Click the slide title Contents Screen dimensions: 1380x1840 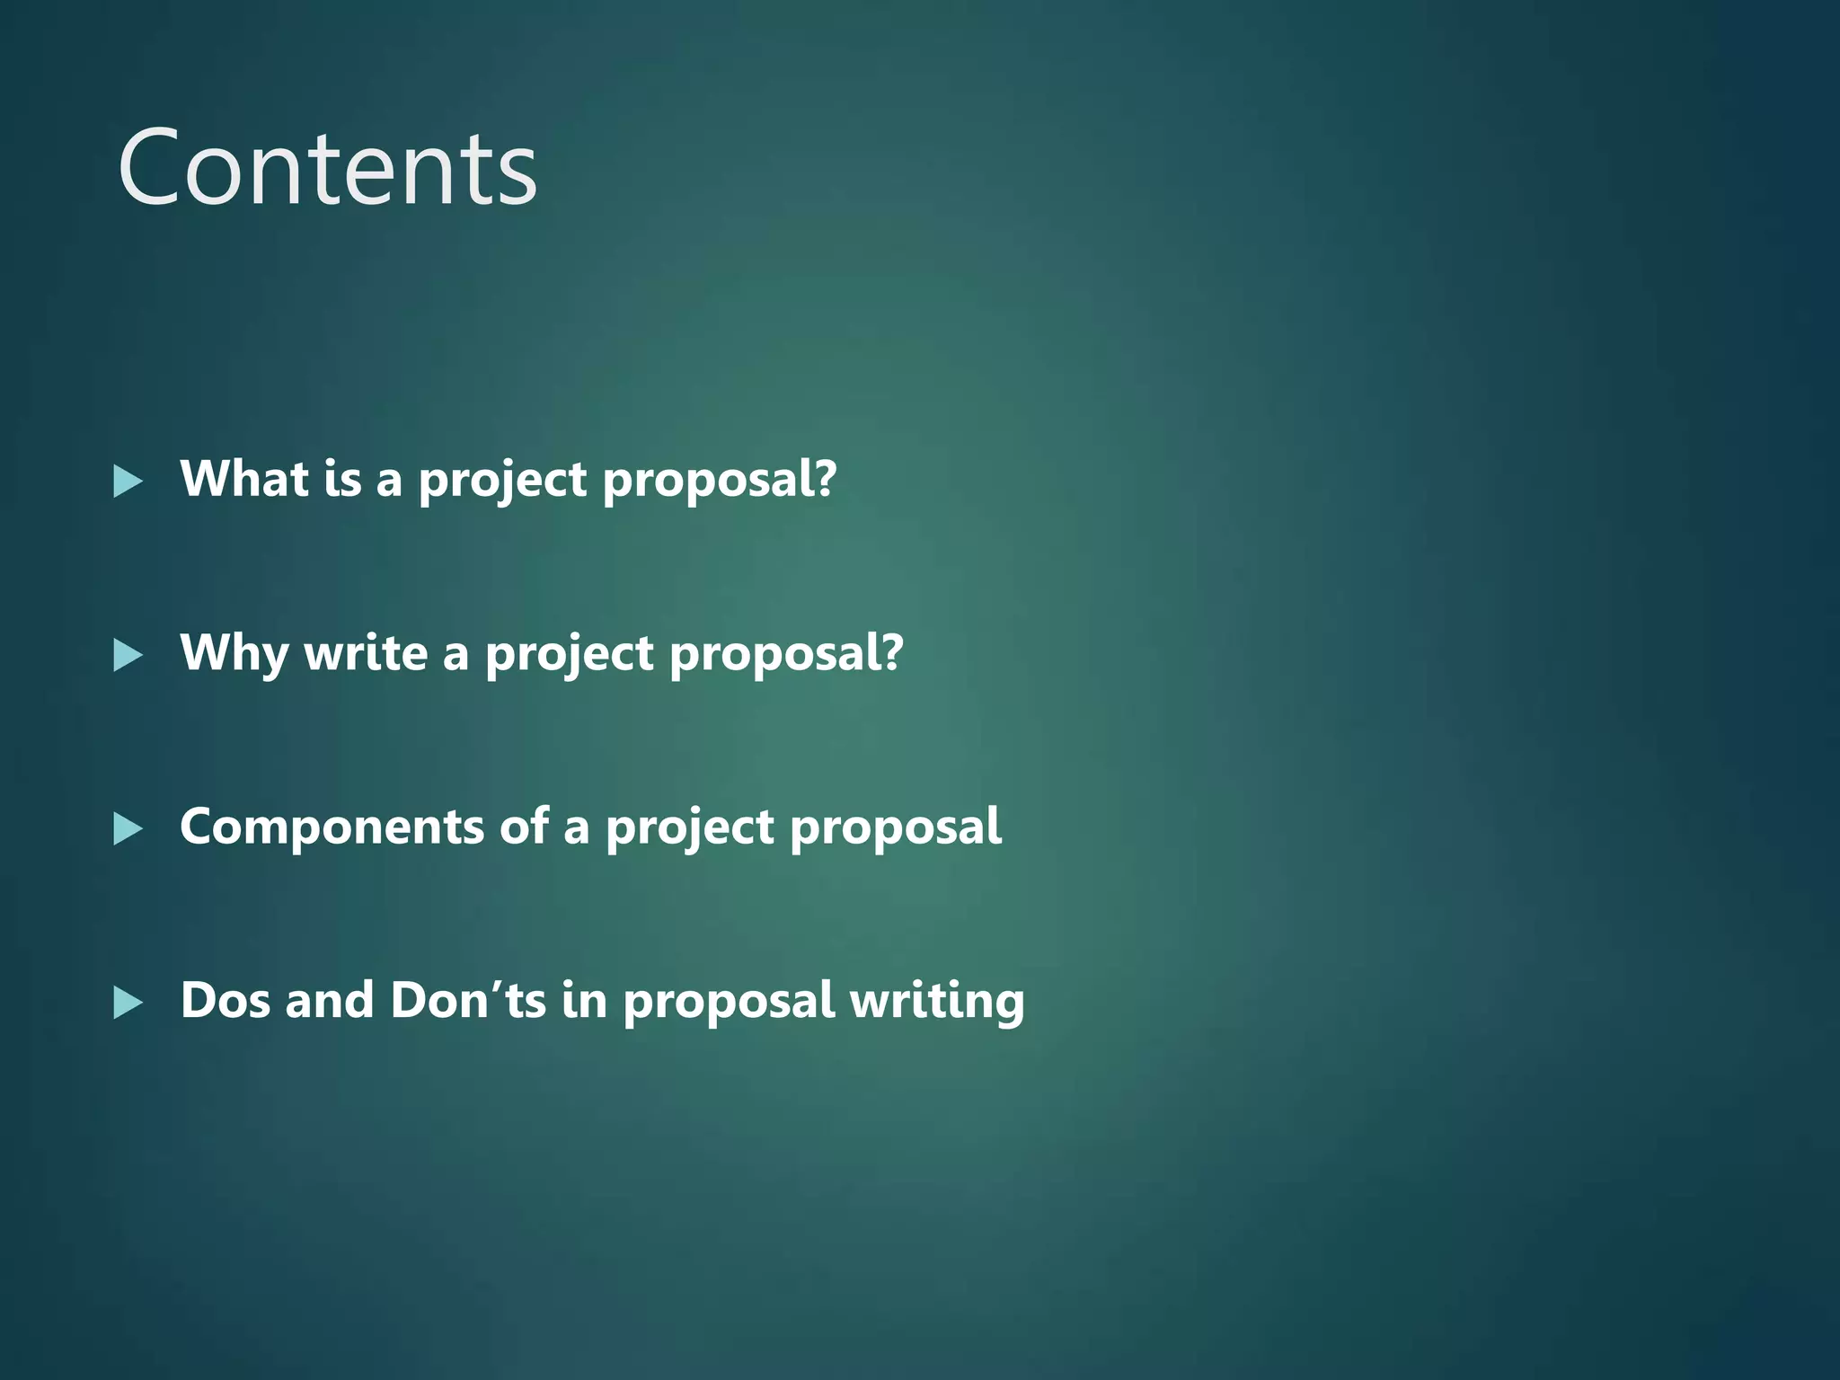pos(327,169)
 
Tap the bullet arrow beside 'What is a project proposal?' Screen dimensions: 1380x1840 pos(128,482)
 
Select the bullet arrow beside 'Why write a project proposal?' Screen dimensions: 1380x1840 pos(128,656)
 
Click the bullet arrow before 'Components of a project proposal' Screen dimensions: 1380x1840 pos(128,829)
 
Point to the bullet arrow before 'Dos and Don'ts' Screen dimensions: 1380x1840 pos(128,1003)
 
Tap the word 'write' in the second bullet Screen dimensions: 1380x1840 pos(366,654)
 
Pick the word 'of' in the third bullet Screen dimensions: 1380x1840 pos(524,827)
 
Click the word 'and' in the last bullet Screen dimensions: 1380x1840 pos(329,1001)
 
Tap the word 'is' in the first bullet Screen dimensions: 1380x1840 pos(342,479)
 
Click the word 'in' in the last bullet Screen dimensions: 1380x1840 pos(584,1001)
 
